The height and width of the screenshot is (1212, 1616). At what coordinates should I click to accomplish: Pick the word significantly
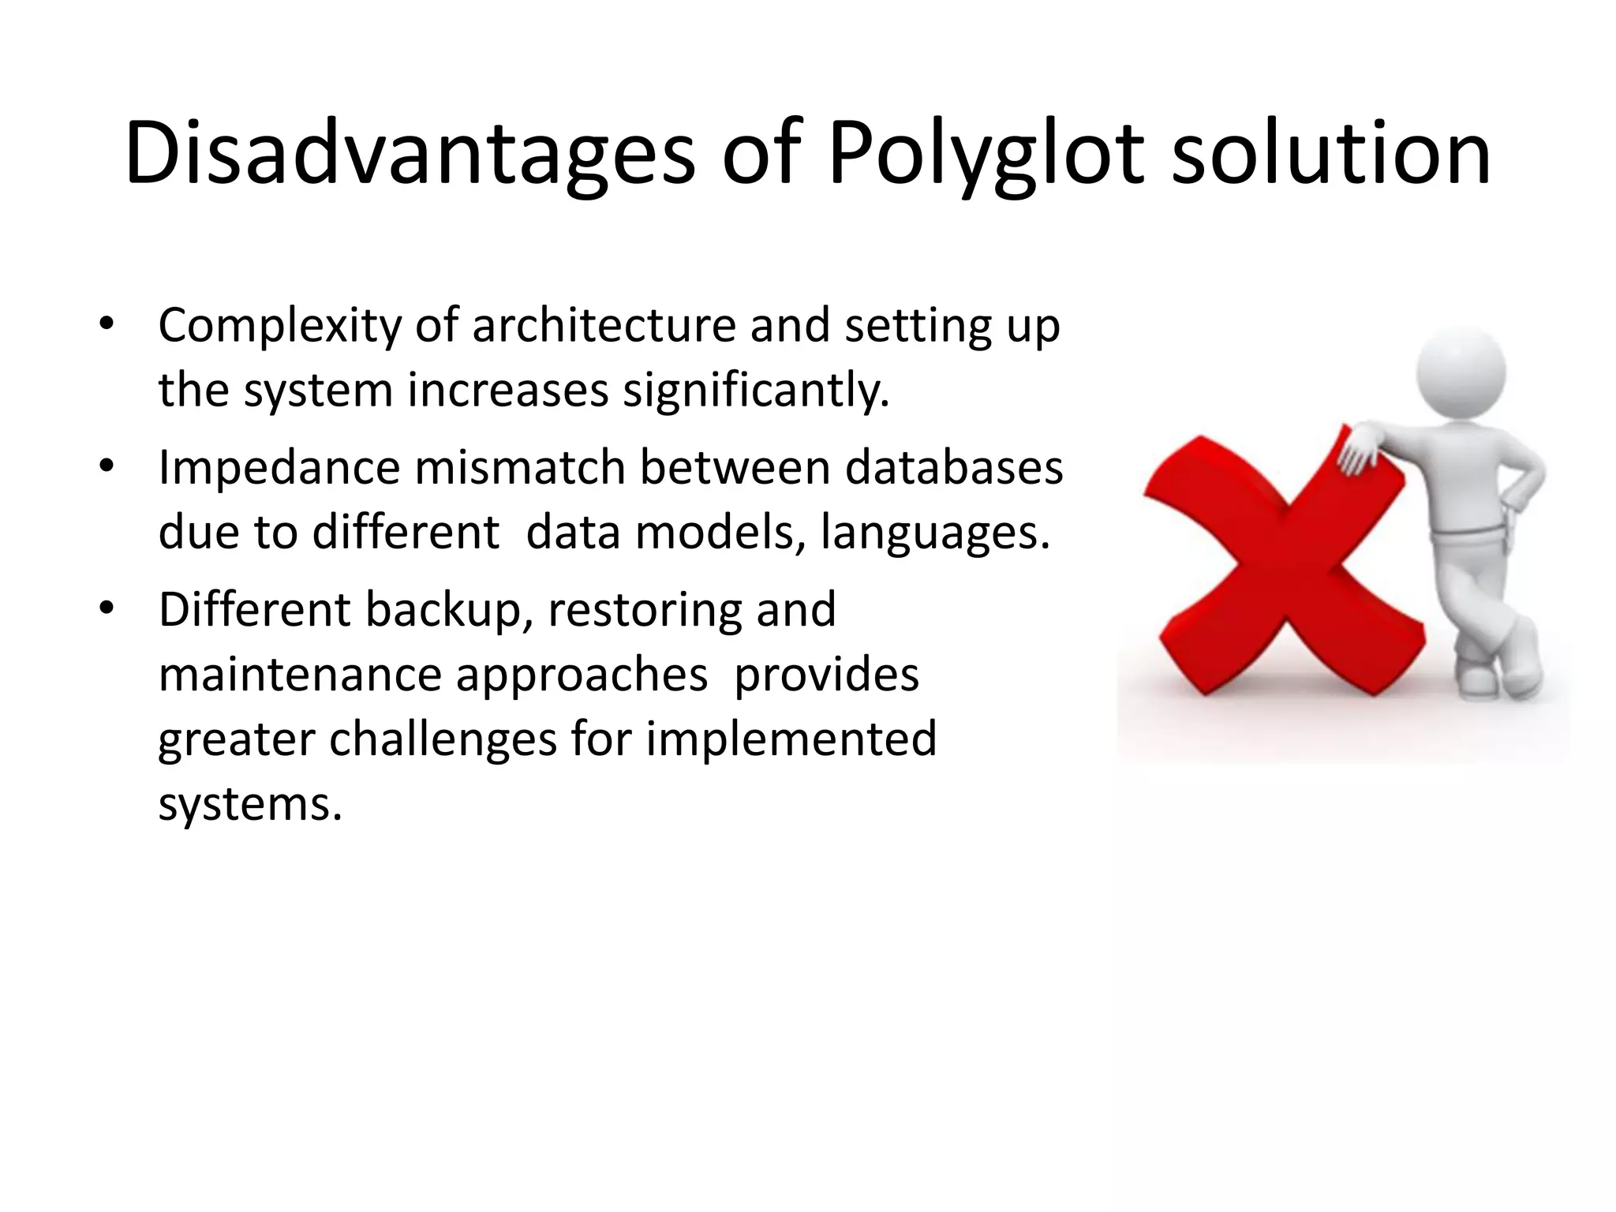tap(756, 391)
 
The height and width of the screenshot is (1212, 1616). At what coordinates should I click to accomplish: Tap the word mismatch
tap(520, 467)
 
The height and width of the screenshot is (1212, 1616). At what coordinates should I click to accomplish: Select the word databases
tap(954, 467)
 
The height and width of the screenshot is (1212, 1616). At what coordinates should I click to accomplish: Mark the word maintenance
tap(300, 675)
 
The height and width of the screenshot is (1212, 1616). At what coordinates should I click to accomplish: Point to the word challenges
tap(443, 740)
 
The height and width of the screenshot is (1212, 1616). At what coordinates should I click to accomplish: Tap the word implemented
tap(791, 739)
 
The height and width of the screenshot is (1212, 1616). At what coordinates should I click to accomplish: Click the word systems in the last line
tap(250, 805)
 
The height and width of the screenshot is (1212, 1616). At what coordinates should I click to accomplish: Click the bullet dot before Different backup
tap(107, 608)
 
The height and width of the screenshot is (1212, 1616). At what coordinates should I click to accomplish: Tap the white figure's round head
tap(1461, 372)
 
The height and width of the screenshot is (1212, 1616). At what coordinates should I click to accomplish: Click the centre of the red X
tap(1284, 564)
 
